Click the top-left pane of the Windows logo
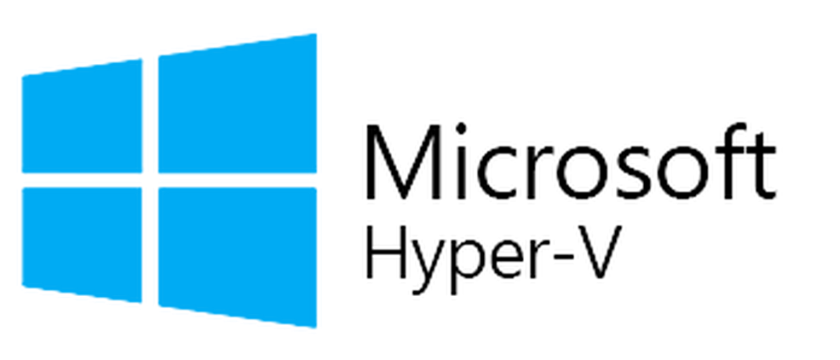[82, 116]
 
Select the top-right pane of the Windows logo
[237, 104]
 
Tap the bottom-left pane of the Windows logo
[82, 244]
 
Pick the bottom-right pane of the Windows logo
[237, 256]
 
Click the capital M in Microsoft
[403, 162]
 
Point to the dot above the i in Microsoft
[460, 129]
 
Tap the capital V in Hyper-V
[599, 252]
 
